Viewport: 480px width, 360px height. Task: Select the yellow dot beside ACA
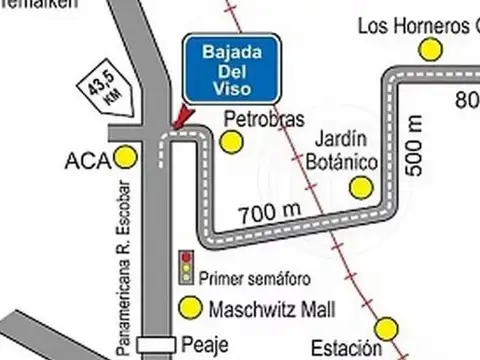point(126,157)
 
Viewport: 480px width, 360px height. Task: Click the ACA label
point(85,158)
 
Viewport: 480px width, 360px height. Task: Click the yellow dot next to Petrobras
point(231,142)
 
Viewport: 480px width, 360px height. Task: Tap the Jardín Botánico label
point(341,149)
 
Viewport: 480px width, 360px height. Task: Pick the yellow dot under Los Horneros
point(431,49)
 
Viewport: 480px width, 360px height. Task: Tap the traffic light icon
point(185,267)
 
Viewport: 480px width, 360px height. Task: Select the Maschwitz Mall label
point(271,308)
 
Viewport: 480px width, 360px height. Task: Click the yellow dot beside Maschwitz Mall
point(187,308)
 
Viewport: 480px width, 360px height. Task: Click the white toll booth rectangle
point(156,343)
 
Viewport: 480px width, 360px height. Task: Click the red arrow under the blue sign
point(181,119)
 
